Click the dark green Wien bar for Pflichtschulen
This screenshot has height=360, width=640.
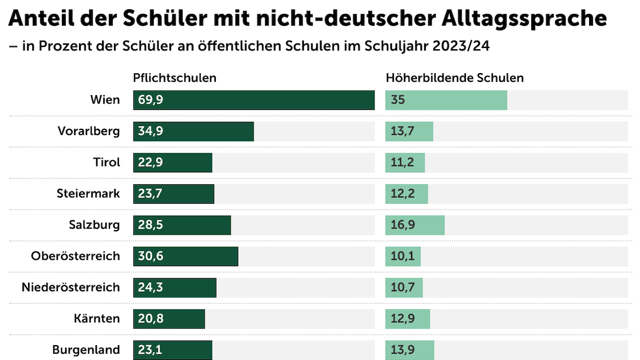pos(254,100)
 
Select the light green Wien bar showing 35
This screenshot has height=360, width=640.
pos(446,100)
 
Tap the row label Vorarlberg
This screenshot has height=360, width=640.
pos(89,131)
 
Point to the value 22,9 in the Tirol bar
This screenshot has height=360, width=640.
pos(151,163)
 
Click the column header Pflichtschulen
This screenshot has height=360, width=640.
pos(175,78)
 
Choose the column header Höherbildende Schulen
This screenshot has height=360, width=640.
pos(455,78)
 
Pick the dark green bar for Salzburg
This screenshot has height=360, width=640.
pos(182,225)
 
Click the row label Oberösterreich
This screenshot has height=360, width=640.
pos(76,256)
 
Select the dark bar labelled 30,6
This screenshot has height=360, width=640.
pos(185,256)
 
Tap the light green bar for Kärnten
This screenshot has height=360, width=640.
pos(408,319)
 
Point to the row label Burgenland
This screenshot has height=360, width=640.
pos(86,350)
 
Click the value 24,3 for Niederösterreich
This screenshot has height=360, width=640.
pos(151,287)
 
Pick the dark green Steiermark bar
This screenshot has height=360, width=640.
pos(173,193)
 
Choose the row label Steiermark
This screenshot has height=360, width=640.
pos(88,193)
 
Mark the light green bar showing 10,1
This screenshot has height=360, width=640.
pos(403,256)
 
